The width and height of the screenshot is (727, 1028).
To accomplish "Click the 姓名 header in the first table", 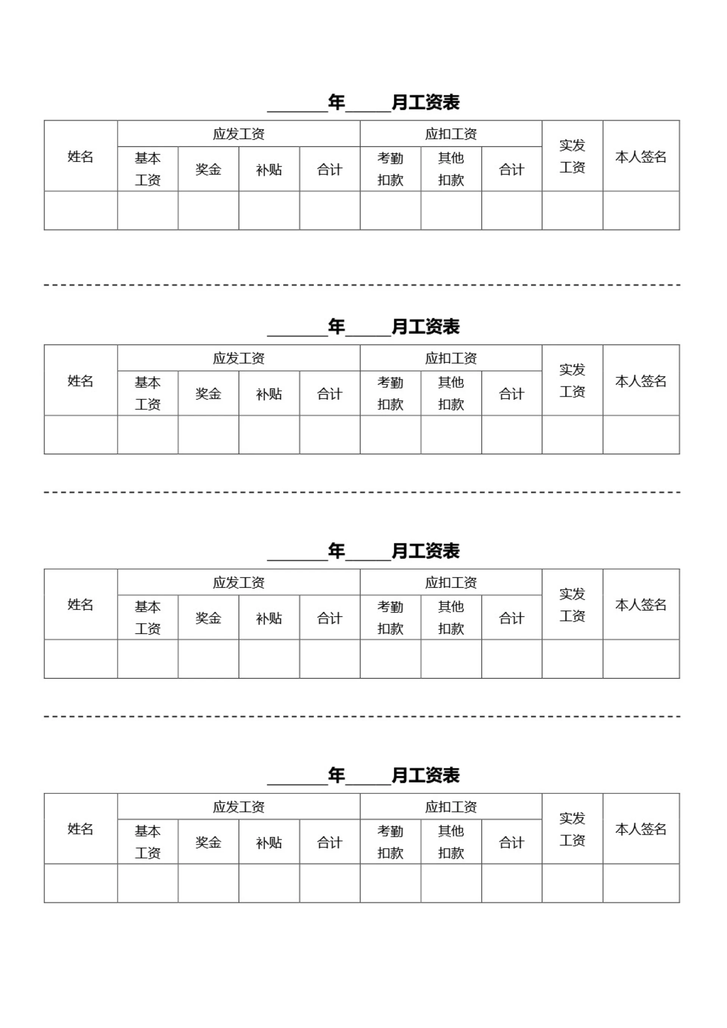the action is coord(81,157).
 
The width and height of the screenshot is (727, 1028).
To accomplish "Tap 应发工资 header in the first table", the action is coord(239,134).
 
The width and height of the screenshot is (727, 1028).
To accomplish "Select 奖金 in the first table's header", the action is coord(208,169).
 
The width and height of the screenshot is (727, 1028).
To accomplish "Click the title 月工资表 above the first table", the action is coord(426,102).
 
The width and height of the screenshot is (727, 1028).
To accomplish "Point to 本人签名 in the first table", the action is coord(641,157).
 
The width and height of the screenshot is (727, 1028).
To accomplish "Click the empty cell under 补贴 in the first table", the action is coord(269,211).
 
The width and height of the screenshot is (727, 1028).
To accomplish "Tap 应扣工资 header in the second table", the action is coord(451,358).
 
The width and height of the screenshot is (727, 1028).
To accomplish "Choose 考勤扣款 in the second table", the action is coord(390,393).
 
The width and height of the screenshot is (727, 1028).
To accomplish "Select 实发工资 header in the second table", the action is coord(572,381).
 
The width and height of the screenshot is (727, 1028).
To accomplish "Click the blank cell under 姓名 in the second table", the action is coord(81,435).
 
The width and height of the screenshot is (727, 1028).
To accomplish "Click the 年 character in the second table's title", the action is coord(336,326).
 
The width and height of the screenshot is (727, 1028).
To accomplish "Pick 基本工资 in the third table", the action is coord(148,618).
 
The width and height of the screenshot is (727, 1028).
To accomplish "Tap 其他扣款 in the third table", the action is coord(451,618).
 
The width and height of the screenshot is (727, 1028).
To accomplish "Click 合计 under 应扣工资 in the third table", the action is coord(512,618).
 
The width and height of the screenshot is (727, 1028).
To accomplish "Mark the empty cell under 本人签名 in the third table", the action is coord(641,659).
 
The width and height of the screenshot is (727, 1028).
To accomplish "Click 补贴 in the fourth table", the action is coord(269,842).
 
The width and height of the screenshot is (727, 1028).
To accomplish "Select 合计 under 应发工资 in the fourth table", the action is coord(330,842).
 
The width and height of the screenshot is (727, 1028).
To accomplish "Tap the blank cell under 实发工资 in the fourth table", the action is coord(573,883).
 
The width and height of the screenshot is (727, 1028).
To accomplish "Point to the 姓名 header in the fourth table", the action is coord(81,829).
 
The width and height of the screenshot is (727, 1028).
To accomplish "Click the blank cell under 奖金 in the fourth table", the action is coord(208,883).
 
